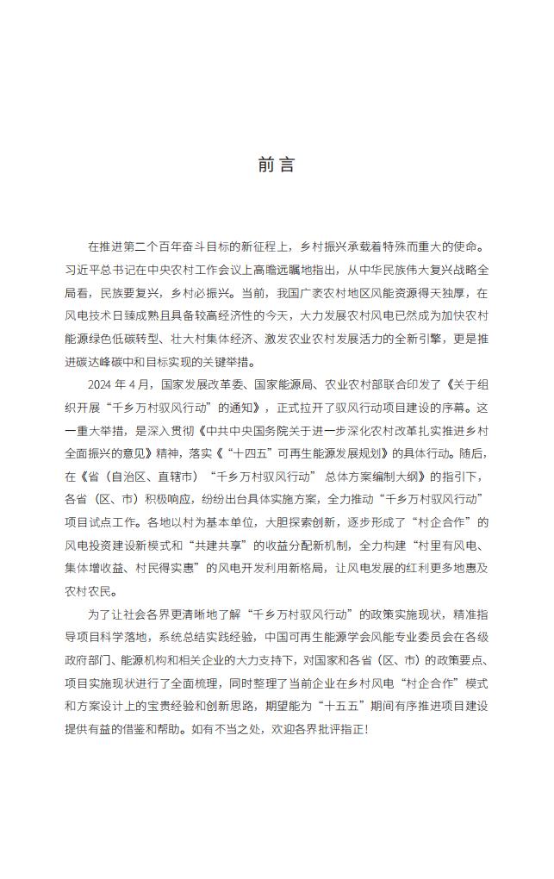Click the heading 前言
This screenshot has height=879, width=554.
pyautogui.click(x=276, y=165)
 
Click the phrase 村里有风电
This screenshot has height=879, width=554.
pyautogui.click(x=452, y=546)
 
